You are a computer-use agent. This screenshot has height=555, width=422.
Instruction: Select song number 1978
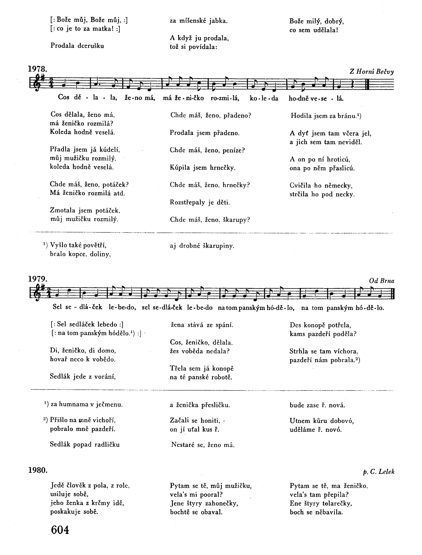(37, 69)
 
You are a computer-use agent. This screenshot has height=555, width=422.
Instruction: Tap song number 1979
(37, 279)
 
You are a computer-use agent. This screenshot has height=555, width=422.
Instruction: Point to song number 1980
(38, 470)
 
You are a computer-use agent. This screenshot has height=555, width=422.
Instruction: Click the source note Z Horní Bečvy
(372, 72)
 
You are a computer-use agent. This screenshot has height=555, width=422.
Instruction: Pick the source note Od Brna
(381, 281)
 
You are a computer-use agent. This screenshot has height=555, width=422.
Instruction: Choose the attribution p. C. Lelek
(379, 472)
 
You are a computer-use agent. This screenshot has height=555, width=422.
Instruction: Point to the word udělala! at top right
(326, 30)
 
